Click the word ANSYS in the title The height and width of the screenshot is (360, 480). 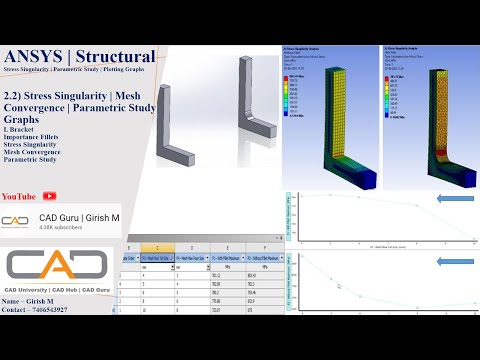(33, 57)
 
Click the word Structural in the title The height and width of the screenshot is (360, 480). (116, 57)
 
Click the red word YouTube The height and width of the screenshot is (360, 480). (21, 196)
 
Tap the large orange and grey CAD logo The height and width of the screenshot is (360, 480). (56, 264)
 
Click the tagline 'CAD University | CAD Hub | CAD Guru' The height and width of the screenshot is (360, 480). (56, 289)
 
